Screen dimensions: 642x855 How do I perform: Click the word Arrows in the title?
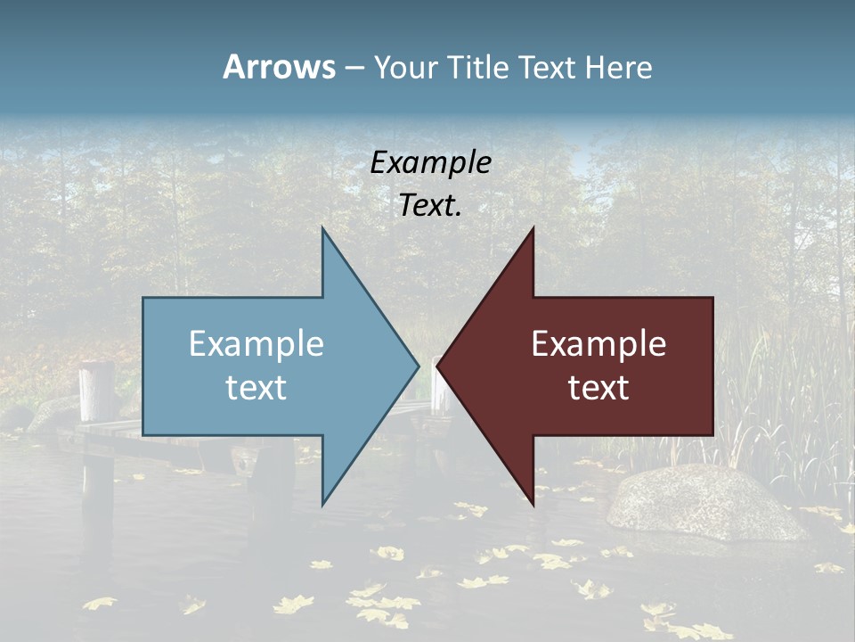[x=279, y=67]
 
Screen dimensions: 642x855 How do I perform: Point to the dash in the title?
[x=354, y=68]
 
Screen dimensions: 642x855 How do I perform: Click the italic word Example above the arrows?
[x=431, y=162]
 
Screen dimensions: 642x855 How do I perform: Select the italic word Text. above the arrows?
[x=431, y=205]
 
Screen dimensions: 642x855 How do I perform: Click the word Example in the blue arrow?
[x=256, y=344]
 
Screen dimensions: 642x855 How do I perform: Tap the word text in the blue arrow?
[x=256, y=388]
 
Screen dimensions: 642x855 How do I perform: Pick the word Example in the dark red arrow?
[x=598, y=344]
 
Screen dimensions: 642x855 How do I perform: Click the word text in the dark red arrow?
[x=598, y=388]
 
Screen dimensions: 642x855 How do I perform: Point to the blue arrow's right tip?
[x=417, y=366]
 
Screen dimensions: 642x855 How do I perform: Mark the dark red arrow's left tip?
[x=439, y=366]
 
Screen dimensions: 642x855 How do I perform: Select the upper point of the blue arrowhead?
[x=323, y=231]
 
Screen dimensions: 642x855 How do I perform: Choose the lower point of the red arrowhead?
[x=533, y=503]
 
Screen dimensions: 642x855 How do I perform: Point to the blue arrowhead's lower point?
[x=323, y=502]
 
